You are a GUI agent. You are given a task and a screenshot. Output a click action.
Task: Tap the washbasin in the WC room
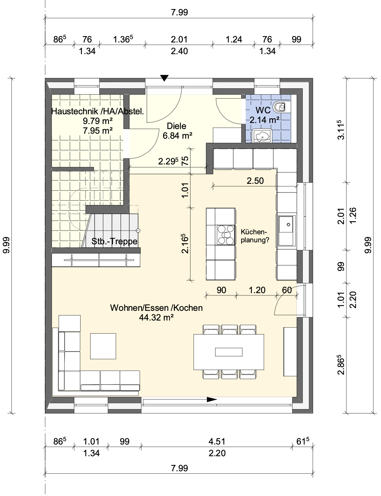(x=262, y=136)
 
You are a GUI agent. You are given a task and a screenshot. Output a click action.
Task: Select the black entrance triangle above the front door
(x=164, y=78)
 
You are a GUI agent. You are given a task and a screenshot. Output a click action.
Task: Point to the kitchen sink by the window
(x=287, y=231)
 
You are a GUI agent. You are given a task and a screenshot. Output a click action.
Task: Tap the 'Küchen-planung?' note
(x=254, y=236)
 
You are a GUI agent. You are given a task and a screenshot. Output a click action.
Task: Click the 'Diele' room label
(x=176, y=126)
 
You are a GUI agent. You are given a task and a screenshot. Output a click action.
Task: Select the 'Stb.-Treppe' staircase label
(x=114, y=241)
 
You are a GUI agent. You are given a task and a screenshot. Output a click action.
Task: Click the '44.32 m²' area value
(x=156, y=317)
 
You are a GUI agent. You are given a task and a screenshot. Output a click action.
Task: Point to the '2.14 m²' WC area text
(x=264, y=120)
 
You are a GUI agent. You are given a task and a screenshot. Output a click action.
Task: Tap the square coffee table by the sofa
(x=103, y=346)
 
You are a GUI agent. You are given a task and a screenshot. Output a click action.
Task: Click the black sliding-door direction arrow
(x=212, y=399)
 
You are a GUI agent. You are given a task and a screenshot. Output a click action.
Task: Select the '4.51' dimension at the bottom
(x=217, y=442)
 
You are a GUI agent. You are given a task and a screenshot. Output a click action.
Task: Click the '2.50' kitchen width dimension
(x=255, y=181)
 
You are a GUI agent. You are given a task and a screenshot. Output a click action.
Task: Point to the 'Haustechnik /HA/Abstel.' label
(x=97, y=111)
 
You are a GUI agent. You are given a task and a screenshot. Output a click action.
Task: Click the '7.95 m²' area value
(x=97, y=131)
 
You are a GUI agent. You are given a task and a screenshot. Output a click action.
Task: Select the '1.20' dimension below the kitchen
(x=257, y=290)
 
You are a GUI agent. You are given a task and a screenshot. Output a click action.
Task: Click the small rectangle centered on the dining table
(x=229, y=352)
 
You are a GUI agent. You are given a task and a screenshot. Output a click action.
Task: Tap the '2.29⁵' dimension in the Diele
(x=168, y=161)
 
